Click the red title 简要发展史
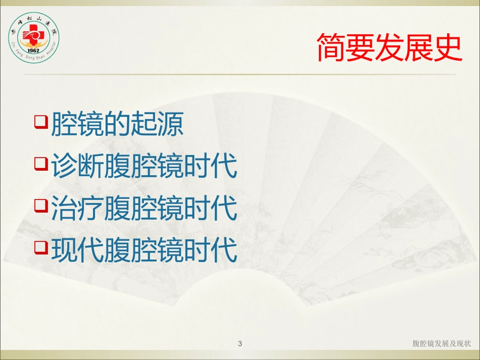click(x=389, y=47)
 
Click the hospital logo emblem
click(x=34, y=38)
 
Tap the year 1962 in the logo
click(x=33, y=50)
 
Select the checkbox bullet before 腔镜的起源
click(x=41, y=122)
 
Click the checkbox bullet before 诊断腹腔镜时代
click(x=41, y=163)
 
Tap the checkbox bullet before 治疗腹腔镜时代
click(x=41, y=205)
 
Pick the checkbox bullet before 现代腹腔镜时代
click(x=41, y=247)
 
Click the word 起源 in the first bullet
click(x=157, y=124)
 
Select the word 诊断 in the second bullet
click(x=77, y=165)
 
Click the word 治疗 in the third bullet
click(x=77, y=208)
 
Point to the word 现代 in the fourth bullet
click(x=77, y=249)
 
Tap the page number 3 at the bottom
click(x=240, y=344)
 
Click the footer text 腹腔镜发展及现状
click(x=442, y=343)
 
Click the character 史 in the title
click(x=448, y=47)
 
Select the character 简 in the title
click(x=331, y=47)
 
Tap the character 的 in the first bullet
click(x=118, y=124)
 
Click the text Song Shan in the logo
click(x=35, y=57)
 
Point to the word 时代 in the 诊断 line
click(x=211, y=165)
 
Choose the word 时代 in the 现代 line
click(x=211, y=249)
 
